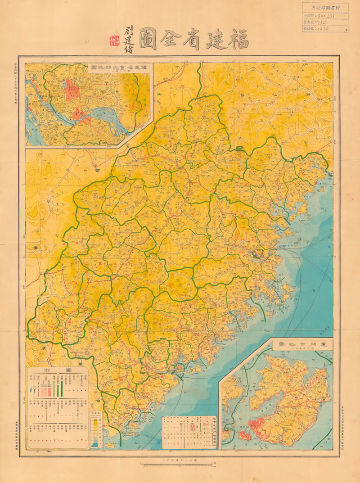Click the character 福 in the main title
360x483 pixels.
coord(237,39)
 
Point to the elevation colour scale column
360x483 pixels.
coord(95,430)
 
